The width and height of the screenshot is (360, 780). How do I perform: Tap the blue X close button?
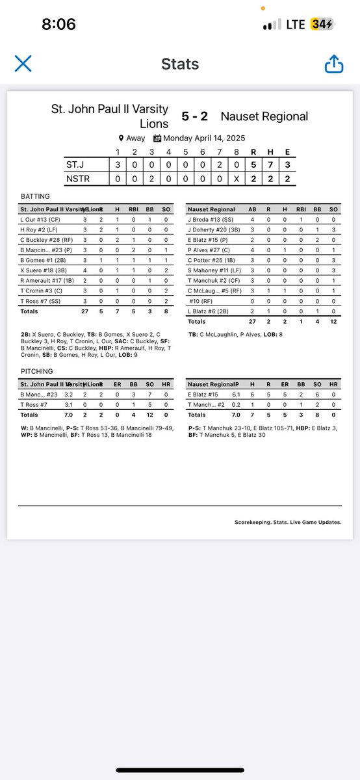tap(23, 64)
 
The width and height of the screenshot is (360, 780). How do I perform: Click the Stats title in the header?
tap(179, 64)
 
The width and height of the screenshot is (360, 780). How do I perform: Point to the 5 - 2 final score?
tap(194, 116)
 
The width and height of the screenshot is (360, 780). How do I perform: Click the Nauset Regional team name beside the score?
tap(264, 116)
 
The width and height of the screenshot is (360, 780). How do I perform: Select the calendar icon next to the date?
tap(157, 138)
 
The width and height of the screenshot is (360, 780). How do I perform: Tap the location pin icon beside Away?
tap(121, 138)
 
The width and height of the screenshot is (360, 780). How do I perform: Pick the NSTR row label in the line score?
tap(77, 177)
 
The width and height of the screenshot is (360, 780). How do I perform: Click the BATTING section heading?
tap(34, 196)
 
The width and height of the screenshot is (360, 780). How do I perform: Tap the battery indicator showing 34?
tap(322, 25)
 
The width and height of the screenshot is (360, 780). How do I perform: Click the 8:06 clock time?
tap(58, 25)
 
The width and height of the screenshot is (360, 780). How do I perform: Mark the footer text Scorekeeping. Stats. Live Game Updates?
tap(288, 522)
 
